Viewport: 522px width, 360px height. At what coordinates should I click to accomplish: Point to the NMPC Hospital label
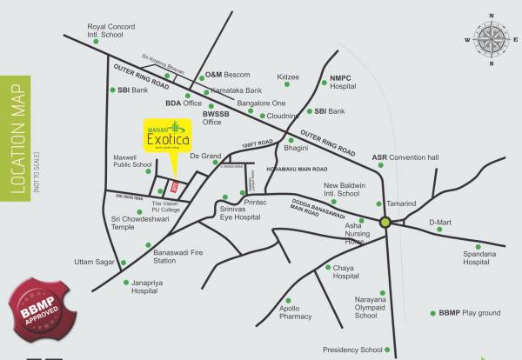(345, 83)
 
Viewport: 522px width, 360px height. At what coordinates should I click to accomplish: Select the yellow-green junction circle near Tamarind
(385, 223)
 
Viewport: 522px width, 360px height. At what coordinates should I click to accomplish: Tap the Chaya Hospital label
(345, 272)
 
